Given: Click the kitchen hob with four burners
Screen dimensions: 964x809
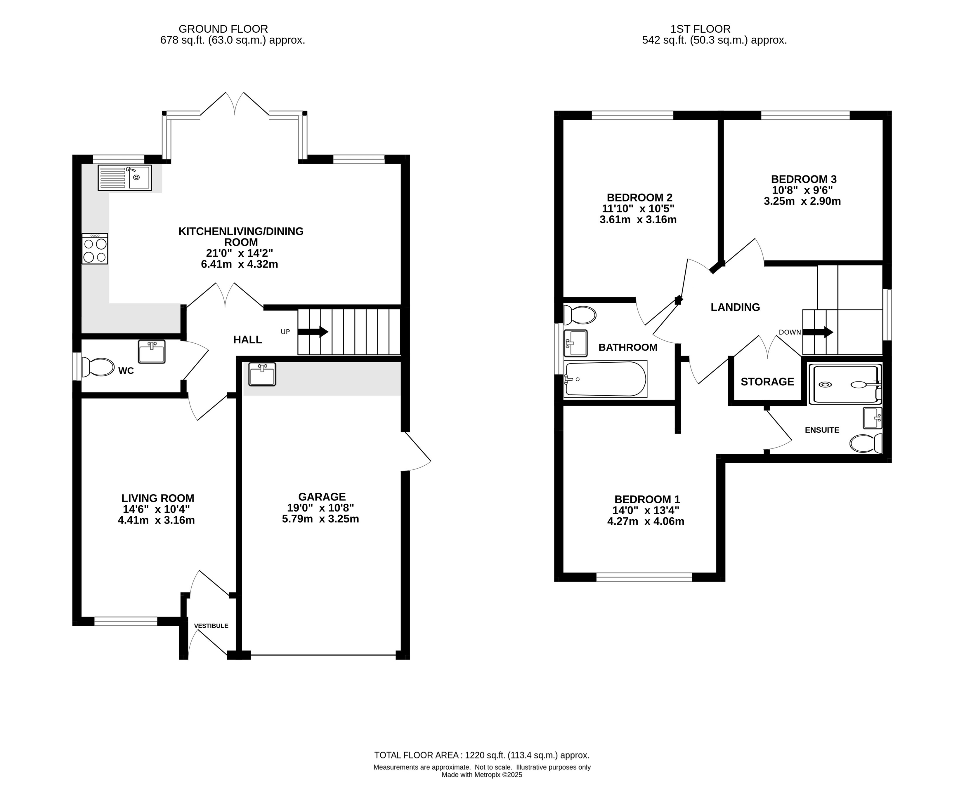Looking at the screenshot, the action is pyautogui.click(x=95, y=249).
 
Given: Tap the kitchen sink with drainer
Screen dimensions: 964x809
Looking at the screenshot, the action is pyautogui.click(x=124, y=178).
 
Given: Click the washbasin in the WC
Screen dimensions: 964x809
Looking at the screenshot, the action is pyautogui.click(x=152, y=352).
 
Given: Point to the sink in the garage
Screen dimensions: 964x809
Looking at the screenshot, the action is pyautogui.click(x=262, y=374).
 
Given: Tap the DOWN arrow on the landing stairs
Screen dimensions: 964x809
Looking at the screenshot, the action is pyautogui.click(x=818, y=332).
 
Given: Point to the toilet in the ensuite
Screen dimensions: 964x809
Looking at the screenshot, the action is pyautogui.click(x=866, y=444).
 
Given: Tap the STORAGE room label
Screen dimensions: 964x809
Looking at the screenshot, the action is pyautogui.click(x=767, y=382).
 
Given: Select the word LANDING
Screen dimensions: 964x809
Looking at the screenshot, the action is pyautogui.click(x=735, y=307).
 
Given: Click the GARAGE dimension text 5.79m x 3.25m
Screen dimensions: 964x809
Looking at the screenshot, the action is pyautogui.click(x=320, y=519).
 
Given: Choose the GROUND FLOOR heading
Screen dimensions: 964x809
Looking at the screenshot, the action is pyautogui.click(x=223, y=29).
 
